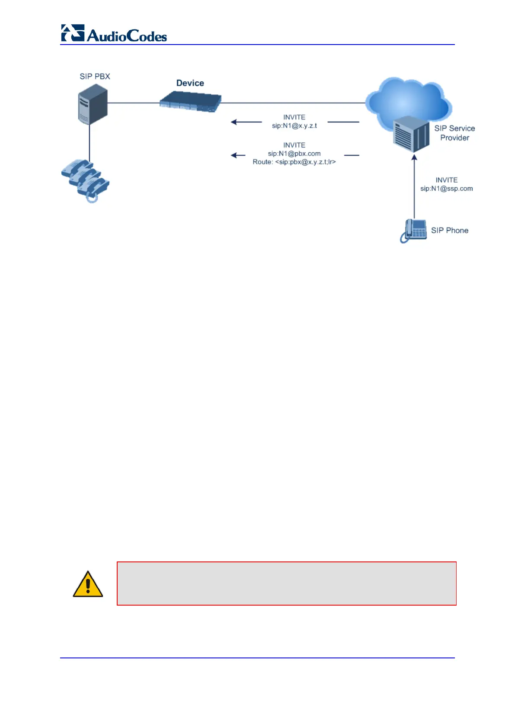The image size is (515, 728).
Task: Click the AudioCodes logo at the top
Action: [x=114, y=33]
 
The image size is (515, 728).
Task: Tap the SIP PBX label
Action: [x=95, y=77]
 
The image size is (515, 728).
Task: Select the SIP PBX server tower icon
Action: [x=93, y=104]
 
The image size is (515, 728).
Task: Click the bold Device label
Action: [x=190, y=83]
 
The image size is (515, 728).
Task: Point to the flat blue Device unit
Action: [x=190, y=103]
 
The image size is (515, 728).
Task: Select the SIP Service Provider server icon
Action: [x=411, y=134]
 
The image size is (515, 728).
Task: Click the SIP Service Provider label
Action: [x=454, y=133]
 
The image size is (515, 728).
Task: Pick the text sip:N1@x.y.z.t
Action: [x=294, y=126]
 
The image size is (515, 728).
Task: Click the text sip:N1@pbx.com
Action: [x=294, y=154]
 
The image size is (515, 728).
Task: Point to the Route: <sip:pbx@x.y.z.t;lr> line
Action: [x=294, y=162]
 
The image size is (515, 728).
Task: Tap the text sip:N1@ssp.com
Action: [x=446, y=189]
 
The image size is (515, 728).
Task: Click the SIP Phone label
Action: [x=449, y=231]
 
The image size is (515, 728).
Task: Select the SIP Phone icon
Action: [x=413, y=231]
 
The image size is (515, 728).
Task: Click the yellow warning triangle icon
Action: [x=88, y=584]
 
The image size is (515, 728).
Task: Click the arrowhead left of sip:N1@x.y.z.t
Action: [x=234, y=122]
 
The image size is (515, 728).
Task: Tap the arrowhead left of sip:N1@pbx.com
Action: [x=234, y=155]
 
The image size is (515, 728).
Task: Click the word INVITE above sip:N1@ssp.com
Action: [x=446, y=180]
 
